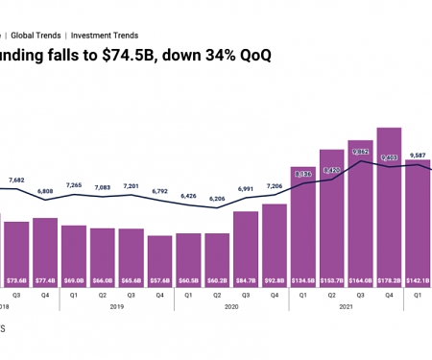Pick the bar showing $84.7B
pos(245,244)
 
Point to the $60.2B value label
pos(216,281)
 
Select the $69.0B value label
pos(72,281)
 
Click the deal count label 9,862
pos(360,151)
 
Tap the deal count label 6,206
pos(216,197)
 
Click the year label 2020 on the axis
pos(230,307)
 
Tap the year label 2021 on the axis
pos(346,307)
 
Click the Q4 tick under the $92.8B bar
pos(274,296)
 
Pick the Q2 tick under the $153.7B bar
pos(331,296)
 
